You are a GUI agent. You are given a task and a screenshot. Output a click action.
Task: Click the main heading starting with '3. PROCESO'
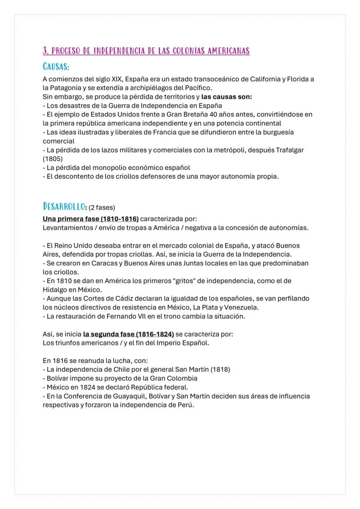click(x=146, y=51)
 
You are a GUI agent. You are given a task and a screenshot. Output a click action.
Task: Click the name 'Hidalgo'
click(x=54, y=289)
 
